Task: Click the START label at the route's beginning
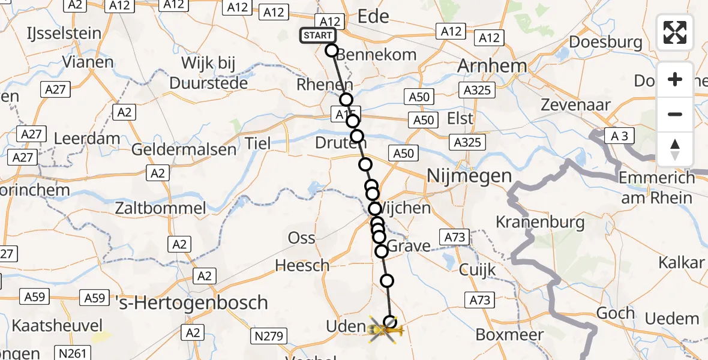coord(317,35)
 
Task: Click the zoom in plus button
coord(675,79)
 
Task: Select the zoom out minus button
coord(675,114)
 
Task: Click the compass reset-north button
coord(675,149)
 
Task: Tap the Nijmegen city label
coord(469,176)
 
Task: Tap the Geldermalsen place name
coord(184,149)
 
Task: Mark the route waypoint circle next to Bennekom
coord(332,50)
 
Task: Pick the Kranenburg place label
coord(540,222)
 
